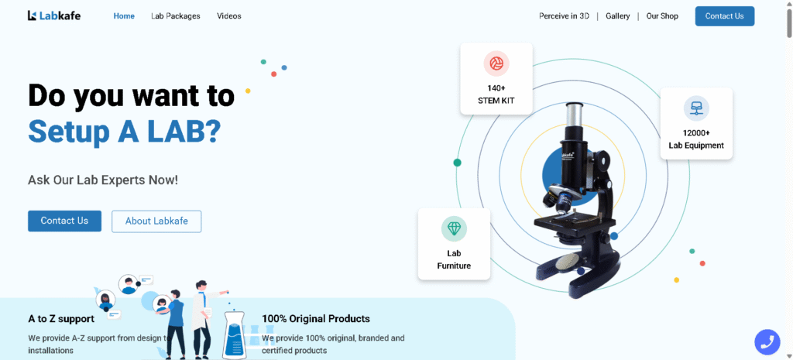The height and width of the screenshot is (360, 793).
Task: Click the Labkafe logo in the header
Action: point(54,15)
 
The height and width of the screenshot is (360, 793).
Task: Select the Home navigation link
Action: point(124,16)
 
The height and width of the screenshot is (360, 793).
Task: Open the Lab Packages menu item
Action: point(176,16)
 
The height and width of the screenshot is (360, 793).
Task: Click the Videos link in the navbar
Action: point(229,16)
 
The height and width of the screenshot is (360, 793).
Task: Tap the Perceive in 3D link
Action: point(564,16)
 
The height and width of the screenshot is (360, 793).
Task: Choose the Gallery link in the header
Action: point(617,16)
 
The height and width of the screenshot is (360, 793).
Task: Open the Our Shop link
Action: point(662,16)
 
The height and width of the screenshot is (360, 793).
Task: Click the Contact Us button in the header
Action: point(725,16)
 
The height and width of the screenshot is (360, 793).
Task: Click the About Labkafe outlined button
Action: point(156,221)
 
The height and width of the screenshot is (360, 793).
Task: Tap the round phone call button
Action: point(767,341)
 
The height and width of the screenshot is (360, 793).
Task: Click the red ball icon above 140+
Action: point(496,63)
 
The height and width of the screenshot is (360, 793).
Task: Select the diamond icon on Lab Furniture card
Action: point(454,229)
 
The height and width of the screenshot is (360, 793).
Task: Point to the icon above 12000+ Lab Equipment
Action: point(696,108)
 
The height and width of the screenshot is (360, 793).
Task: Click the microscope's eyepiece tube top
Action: point(576,105)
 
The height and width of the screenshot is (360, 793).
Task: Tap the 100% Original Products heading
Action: point(316,319)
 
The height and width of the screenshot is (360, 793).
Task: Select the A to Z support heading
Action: point(61,319)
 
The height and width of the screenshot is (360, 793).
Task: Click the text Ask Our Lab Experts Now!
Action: point(103,180)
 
